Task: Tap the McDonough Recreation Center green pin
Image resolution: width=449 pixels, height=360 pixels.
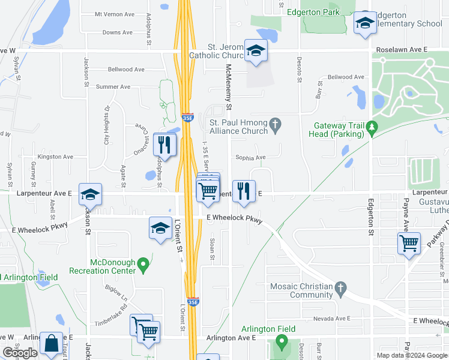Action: pyautogui.click(x=143, y=263)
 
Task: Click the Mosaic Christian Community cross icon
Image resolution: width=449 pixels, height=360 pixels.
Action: pyautogui.click(x=340, y=287)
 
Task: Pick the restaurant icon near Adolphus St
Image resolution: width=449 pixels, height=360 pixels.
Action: pyautogui.click(x=164, y=144)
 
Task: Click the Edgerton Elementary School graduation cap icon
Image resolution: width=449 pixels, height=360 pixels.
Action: pyautogui.click(x=363, y=23)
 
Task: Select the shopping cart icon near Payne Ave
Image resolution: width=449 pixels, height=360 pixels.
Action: pyautogui.click(x=409, y=244)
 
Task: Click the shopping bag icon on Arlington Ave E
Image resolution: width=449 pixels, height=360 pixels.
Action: pyautogui.click(x=51, y=344)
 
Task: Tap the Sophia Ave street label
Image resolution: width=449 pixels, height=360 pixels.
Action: pyautogui.click(x=250, y=158)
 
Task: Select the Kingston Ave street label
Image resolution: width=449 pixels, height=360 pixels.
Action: pyautogui.click(x=55, y=157)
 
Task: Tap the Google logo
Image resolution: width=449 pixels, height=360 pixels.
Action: pyautogui.click(x=20, y=353)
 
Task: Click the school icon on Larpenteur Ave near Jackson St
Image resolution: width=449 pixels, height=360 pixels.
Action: pyautogui.click(x=90, y=194)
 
